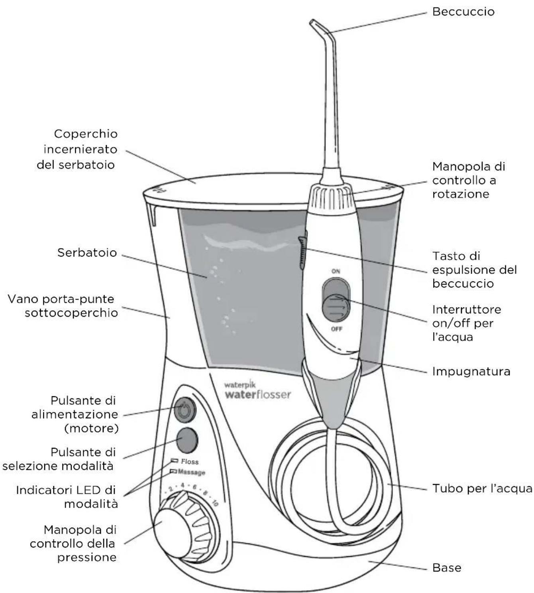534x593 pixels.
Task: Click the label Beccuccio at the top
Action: point(463,12)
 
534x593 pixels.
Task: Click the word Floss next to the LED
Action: point(190,462)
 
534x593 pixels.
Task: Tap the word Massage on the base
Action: point(191,472)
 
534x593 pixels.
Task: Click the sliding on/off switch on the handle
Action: point(336,307)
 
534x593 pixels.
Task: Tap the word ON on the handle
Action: point(336,271)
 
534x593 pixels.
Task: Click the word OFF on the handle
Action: point(336,329)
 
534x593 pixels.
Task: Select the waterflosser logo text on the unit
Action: point(258,395)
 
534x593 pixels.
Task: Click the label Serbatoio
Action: point(87,253)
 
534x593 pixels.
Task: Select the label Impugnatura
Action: point(471,372)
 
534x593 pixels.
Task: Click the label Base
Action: point(447,567)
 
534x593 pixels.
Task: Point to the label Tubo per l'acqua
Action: point(482,489)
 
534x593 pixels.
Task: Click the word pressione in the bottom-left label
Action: point(87,557)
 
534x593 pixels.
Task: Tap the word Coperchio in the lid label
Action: point(86,134)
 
